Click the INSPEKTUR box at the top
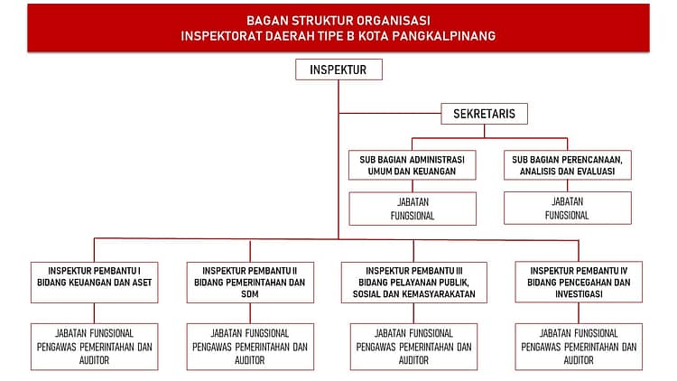[338, 70]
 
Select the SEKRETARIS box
[484, 114]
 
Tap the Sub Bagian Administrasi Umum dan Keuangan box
[413, 164]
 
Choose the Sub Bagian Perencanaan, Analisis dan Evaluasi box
[567, 164]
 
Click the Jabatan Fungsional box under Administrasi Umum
[413, 209]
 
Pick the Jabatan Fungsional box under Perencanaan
[567, 209]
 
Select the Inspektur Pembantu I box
[93, 276]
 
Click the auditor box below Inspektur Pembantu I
[93, 346]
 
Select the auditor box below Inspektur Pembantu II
[249, 346]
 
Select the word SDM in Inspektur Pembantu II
[249, 294]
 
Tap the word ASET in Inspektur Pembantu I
[139, 283]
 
